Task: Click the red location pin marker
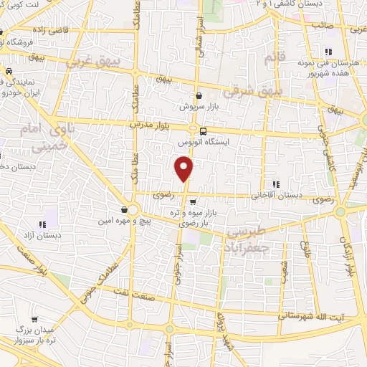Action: tap(185, 169)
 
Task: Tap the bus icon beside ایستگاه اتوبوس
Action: tap(204, 131)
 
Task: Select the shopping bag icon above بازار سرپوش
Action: tap(199, 95)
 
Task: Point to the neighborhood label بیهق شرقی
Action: tap(247, 92)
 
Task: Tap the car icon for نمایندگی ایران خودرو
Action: tap(9, 72)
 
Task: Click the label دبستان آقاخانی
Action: tap(276, 194)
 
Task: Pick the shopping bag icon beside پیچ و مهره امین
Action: tap(125, 209)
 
